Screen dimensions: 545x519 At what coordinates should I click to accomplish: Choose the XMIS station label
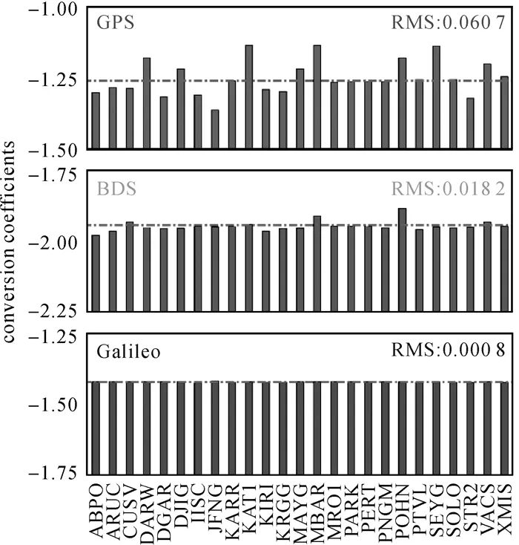pyautogui.click(x=505, y=511)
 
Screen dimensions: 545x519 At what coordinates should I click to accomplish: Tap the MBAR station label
pyautogui.click(x=317, y=511)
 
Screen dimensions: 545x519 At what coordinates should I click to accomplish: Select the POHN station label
pyautogui.click(x=403, y=511)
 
